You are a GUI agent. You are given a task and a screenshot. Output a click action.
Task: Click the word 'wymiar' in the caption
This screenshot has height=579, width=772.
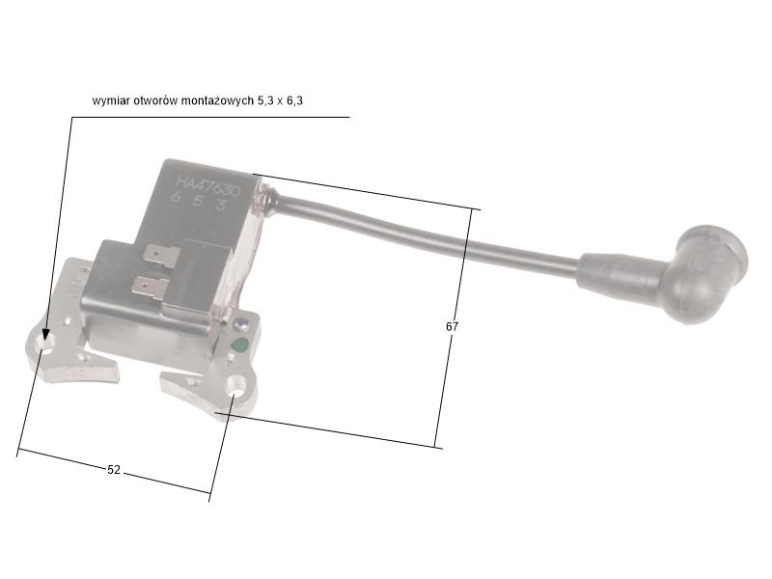(x=111, y=100)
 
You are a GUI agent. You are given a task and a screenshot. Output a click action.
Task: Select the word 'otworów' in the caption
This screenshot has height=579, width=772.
(x=155, y=100)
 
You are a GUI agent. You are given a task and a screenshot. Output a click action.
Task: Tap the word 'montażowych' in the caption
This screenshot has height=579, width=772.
(x=217, y=100)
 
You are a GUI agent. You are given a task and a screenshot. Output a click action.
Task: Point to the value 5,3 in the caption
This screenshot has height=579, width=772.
(x=265, y=100)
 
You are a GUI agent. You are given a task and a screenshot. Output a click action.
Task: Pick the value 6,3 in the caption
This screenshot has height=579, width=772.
(x=293, y=100)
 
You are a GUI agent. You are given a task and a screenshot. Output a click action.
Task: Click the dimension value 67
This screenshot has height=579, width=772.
(x=452, y=327)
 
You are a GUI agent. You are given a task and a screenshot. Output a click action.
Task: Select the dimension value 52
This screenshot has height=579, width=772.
(x=114, y=470)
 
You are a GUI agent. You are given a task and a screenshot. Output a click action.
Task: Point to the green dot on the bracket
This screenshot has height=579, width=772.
(x=239, y=345)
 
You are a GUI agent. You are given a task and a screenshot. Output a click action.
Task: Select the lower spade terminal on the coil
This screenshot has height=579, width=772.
(x=149, y=287)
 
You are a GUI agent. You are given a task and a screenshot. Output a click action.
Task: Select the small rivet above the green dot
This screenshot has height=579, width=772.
(x=241, y=324)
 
